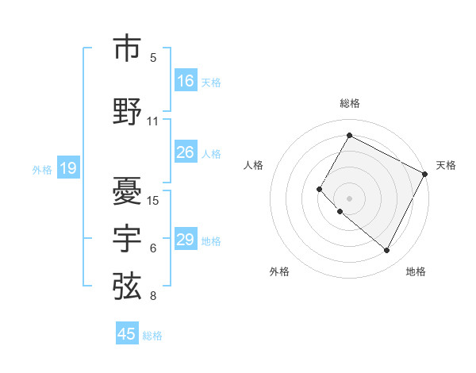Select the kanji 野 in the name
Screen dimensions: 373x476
[x=128, y=110]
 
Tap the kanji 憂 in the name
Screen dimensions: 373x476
[x=128, y=190]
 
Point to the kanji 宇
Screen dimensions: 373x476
[x=128, y=239]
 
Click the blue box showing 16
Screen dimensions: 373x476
[x=186, y=81]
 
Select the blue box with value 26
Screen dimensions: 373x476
[x=186, y=152]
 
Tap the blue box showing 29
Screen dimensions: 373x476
[x=186, y=240]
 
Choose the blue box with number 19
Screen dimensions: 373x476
[x=67, y=168]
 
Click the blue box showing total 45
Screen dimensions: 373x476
[x=127, y=334]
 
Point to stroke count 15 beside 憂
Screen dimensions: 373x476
[x=153, y=200]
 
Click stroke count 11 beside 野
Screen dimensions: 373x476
[x=153, y=121]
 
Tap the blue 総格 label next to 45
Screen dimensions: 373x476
[x=152, y=336]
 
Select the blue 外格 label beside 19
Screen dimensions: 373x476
[x=42, y=169]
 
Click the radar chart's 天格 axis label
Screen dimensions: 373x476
[x=446, y=165]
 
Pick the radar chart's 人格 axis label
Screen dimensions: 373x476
[x=253, y=165]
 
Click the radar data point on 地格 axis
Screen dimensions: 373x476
[x=387, y=251]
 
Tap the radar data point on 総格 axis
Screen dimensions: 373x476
[x=349, y=135]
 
